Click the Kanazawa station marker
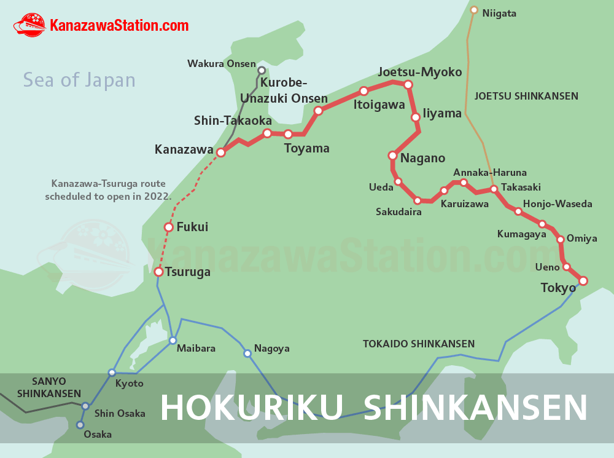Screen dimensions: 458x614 220,152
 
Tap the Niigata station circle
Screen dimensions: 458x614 473,10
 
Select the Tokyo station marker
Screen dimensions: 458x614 583,281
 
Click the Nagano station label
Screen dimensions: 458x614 422,158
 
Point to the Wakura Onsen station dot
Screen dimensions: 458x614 262,70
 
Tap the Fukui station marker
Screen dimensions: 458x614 169,227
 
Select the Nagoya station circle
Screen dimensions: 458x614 247,353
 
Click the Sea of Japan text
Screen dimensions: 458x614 79,80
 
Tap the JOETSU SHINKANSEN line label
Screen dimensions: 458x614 526,96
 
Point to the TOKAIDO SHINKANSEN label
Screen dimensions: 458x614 418,344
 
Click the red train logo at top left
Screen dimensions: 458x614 29,25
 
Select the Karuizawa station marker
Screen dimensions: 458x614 444,191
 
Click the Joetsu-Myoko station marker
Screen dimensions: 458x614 408,85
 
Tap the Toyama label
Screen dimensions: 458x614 306,148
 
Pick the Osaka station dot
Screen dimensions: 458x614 80,425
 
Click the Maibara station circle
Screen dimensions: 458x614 173,341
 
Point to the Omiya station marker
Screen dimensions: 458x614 560,239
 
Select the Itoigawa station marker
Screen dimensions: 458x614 363,91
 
